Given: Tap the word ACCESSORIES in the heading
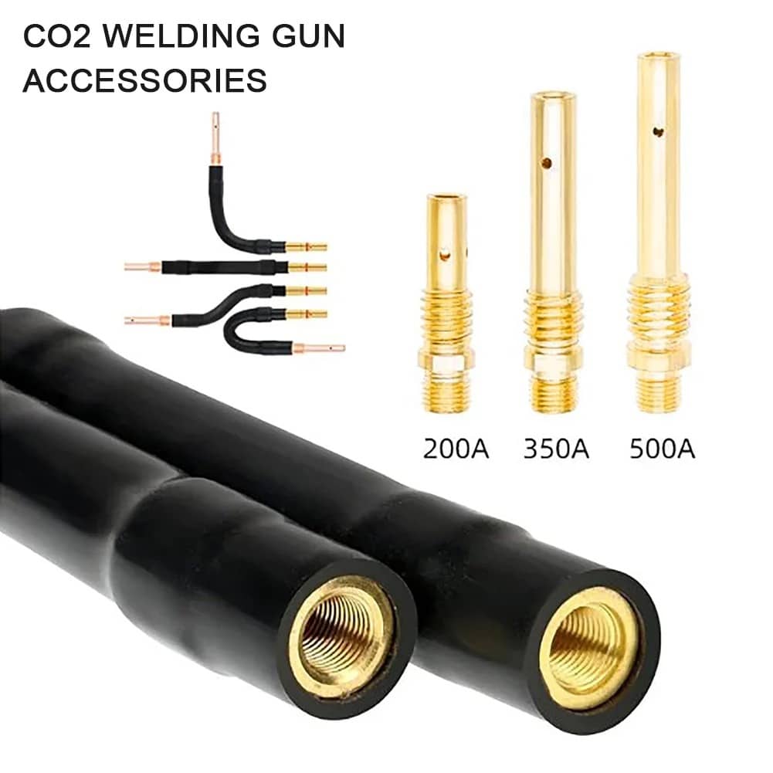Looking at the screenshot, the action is point(145,80).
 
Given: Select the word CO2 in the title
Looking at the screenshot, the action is point(57,36).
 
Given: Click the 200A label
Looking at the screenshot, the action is point(456,449).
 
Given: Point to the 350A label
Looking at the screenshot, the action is point(556,449).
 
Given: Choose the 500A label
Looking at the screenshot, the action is point(662,449).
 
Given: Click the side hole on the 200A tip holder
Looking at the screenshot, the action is point(445,255).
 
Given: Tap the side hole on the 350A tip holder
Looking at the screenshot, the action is point(546,162).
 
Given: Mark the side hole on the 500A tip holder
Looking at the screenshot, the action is point(658,131).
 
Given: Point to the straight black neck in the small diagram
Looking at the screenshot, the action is point(224,268).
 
